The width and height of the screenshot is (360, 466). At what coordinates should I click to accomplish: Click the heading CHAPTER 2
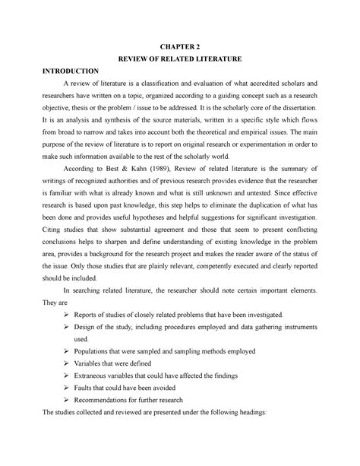pyautogui.click(x=179, y=45)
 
